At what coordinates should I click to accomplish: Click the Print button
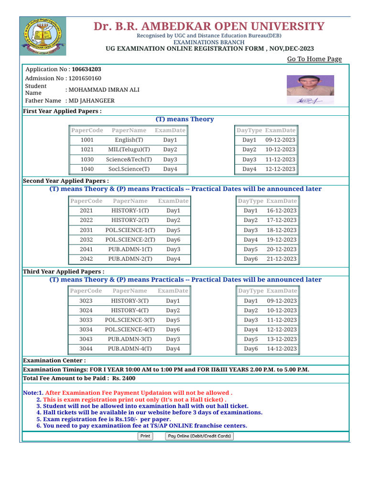145,436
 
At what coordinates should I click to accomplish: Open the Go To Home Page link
314,59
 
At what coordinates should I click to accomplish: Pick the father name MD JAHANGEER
92,101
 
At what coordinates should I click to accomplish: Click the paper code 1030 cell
87,159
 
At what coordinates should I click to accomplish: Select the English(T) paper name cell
129,140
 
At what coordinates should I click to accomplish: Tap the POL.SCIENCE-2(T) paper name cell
130,240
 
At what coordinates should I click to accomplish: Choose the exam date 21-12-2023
281,259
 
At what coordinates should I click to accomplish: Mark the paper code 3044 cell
86,349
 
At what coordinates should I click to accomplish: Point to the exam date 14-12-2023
282,349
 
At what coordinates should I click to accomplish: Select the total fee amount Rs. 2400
124,379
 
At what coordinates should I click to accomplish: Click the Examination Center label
54,360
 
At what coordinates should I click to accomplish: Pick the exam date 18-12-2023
281,230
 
